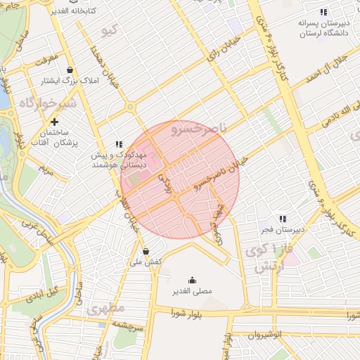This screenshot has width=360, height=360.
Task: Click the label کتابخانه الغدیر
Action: [68, 11]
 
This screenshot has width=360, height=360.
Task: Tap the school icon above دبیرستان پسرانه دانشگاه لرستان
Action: [323, 13]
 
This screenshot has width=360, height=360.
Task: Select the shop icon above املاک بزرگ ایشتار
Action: [70, 70]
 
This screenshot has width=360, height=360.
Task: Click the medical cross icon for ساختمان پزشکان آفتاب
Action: [54, 122]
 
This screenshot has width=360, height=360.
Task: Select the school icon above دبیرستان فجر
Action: [283, 219]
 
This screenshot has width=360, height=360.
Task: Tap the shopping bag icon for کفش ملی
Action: [146, 251]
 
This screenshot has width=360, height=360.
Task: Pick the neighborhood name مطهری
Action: [105, 308]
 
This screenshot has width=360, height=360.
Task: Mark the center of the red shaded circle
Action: [180, 180]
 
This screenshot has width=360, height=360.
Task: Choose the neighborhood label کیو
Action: [110, 31]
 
